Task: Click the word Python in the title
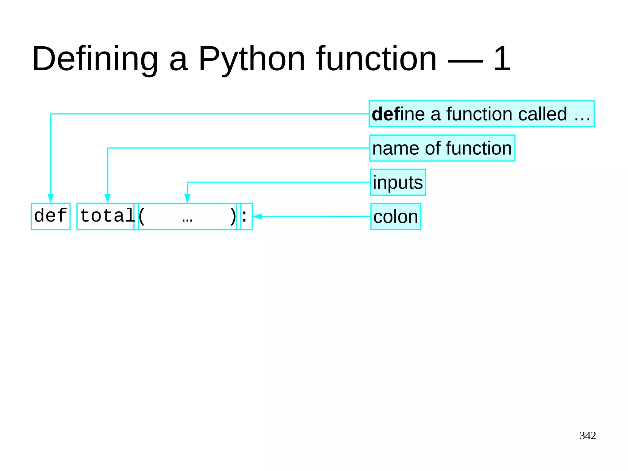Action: tap(251, 59)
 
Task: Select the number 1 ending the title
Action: tap(502, 59)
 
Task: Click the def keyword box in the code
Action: tap(51, 216)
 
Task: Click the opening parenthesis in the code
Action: tap(141, 216)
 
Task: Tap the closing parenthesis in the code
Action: tap(233, 216)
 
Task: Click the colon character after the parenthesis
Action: tap(244, 216)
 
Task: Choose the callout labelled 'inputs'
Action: tap(398, 182)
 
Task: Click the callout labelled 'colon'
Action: tap(396, 217)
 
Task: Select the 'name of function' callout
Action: tap(442, 148)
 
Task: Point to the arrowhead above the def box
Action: tap(51, 198)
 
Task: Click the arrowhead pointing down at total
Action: tap(108, 198)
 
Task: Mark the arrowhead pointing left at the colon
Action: tap(257, 217)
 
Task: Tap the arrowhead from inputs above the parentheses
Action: tap(187, 198)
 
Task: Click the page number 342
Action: tap(588, 435)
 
